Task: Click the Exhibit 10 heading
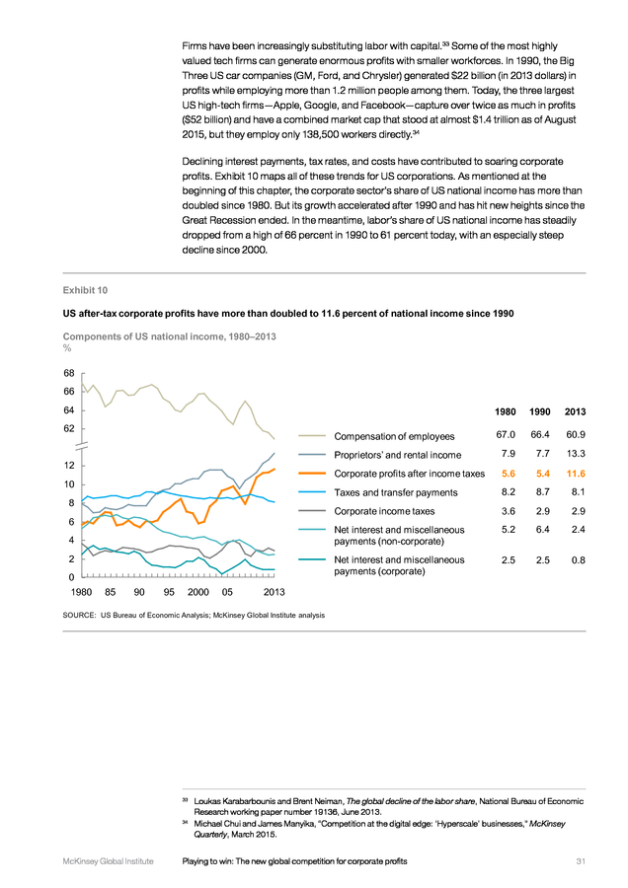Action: tap(85, 290)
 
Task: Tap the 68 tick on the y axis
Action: tap(68, 373)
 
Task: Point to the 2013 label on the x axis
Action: tap(275, 592)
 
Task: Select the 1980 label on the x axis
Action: tap(82, 592)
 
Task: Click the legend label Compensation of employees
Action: tap(394, 436)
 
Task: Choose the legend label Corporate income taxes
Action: tap(384, 511)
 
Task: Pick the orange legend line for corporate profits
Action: tap(312, 474)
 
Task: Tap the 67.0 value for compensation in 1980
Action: tap(505, 434)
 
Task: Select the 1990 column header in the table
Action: tap(539, 411)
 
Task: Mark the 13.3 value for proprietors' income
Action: tap(576, 454)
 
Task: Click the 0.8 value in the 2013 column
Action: tap(578, 560)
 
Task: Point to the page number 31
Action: tap(581, 861)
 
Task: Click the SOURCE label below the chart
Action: tap(79, 615)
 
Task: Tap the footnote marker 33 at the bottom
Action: tap(185, 799)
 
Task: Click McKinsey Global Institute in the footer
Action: tap(109, 861)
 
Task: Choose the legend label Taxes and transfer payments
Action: tap(396, 492)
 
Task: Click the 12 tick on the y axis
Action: tap(68, 466)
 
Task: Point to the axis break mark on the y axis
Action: tap(82, 446)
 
